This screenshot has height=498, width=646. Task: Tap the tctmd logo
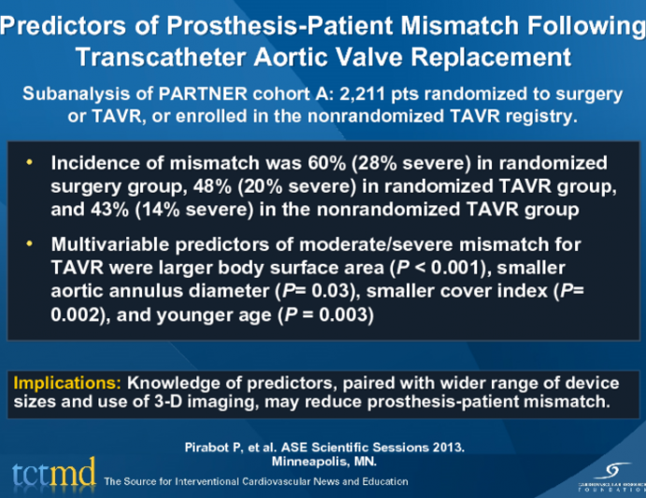click(x=52, y=473)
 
